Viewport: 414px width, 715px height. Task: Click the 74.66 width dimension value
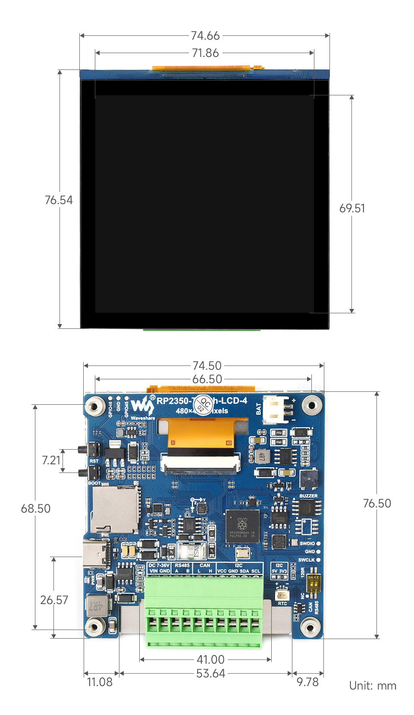click(205, 35)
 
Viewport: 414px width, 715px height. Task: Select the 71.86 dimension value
click(205, 53)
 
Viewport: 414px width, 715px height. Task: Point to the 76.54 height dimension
click(59, 200)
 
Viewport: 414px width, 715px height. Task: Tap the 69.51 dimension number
click(352, 208)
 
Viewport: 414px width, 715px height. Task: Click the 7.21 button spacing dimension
click(51, 460)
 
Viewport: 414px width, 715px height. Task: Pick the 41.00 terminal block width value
click(210, 659)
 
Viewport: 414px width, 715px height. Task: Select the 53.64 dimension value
click(210, 673)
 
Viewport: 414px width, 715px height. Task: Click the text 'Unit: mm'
click(373, 686)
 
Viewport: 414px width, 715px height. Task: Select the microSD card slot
click(115, 509)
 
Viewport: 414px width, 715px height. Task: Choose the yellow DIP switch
click(313, 583)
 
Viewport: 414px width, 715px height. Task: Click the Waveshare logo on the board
click(142, 406)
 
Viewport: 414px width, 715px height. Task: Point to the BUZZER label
click(308, 496)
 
